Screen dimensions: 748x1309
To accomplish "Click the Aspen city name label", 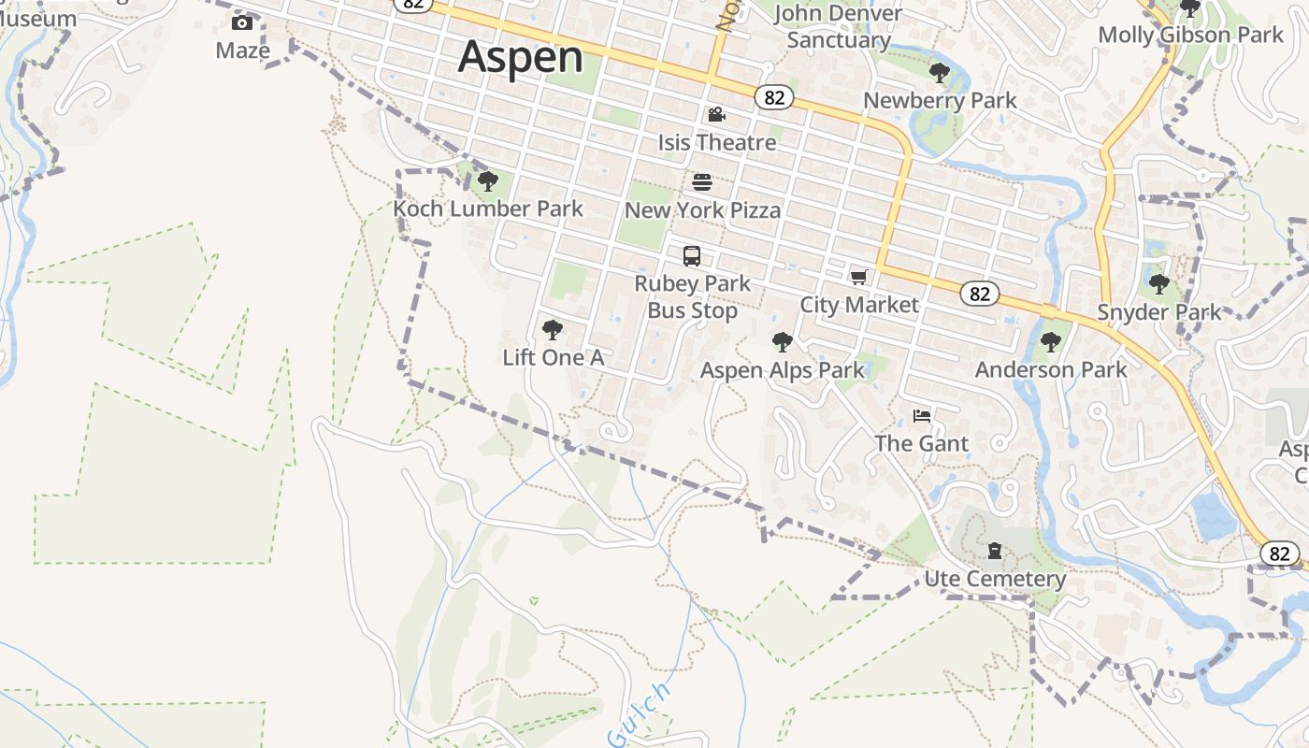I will click(x=521, y=56).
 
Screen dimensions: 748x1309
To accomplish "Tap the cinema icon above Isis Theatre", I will click(x=716, y=115).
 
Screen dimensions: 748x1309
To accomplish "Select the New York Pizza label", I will click(x=702, y=210).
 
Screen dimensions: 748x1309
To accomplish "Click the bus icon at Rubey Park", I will click(x=692, y=256).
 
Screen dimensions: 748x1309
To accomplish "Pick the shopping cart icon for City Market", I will click(x=858, y=277).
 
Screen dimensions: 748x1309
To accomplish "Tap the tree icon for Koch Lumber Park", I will click(x=487, y=181).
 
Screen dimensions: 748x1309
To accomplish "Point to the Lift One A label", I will click(x=553, y=357).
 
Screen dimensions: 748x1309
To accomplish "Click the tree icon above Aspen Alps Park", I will click(x=783, y=342).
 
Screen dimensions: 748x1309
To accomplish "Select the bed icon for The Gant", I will click(x=922, y=415).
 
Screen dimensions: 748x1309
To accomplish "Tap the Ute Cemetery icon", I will click(x=995, y=551).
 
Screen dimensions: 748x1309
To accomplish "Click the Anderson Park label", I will click(x=1051, y=369).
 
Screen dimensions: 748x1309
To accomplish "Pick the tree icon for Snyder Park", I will click(x=1159, y=284).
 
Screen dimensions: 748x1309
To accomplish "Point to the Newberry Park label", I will click(x=940, y=100).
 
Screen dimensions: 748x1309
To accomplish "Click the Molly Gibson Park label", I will click(x=1190, y=35).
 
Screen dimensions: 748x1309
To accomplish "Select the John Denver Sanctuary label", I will click(x=838, y=26).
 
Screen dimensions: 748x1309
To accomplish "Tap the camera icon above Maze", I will click(x=242, y=22).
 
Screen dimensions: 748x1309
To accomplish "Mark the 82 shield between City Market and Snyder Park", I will click(x=979, y=294).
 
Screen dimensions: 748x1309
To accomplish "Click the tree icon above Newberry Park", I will click(x=939, y=73).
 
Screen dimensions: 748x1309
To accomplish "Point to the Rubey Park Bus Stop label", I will click(x=692, y=296).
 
